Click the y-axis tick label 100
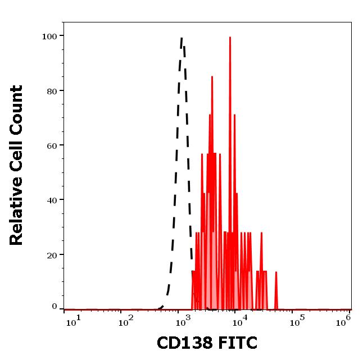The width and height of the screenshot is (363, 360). point(49,37)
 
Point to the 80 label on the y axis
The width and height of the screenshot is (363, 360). point(52,91)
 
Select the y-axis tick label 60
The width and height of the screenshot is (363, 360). point(52,145)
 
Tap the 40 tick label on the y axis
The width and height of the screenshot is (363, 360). point(52,200)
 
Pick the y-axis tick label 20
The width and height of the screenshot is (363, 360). point(52,254)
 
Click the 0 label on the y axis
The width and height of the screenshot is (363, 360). point(55,307)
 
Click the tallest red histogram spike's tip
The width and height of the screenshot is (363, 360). point(230,38)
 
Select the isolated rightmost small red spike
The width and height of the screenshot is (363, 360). point(276,272)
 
